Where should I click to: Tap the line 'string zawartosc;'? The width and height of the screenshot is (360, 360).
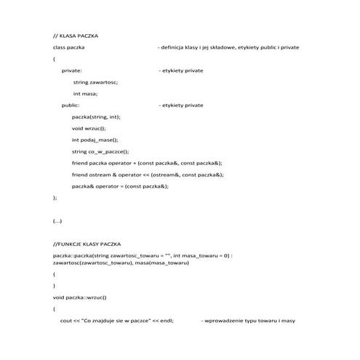tap(95, 82)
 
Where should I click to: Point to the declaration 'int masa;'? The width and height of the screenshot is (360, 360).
tap(85, 94)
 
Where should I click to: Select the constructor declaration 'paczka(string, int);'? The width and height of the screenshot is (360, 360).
tap(96, 116)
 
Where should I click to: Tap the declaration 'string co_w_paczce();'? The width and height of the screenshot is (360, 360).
tap(100, 151)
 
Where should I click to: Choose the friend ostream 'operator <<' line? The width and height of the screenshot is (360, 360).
tap(147, 175)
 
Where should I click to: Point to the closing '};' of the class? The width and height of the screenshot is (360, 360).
tap(55, 197)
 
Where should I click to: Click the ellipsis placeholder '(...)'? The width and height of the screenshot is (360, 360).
tap(57, 220)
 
